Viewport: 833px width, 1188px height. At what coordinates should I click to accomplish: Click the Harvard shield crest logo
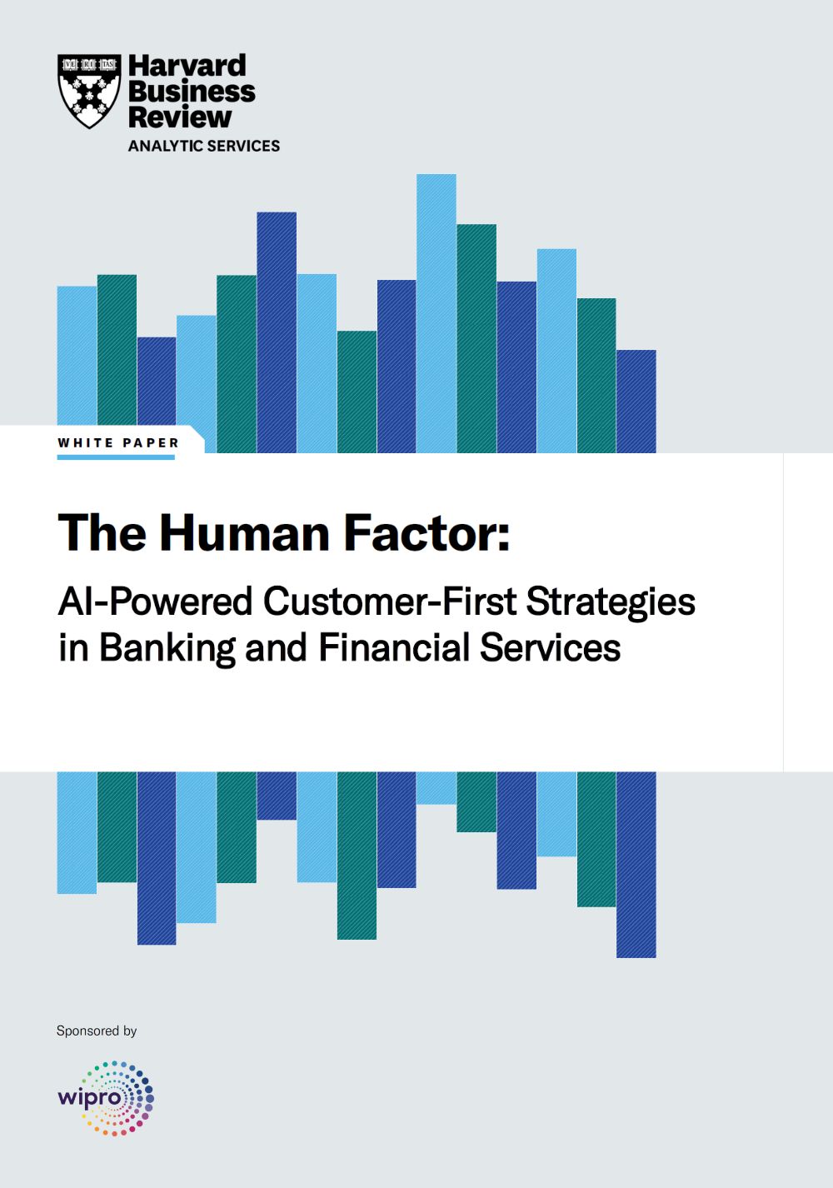click(x=89, y=91)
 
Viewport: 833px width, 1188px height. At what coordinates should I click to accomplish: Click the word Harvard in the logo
click(x=187, y=66)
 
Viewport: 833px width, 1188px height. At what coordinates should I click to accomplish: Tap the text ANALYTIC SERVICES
click(x=204, y=146)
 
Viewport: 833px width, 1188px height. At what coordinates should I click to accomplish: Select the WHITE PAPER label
click(x=118, y=443)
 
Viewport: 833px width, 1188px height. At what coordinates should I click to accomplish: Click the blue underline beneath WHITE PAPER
click(x=116, y=457)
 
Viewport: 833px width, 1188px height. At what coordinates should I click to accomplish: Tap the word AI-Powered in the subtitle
click(x=155, y=602)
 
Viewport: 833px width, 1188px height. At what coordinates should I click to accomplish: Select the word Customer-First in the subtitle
click(x=390, y=601)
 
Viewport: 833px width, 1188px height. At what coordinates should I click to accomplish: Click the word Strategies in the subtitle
click(x=611, y=602)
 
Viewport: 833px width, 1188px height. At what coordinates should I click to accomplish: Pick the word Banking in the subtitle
click(x=167, y=648)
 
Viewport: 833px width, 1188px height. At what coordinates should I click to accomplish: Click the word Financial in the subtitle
click(x=395, y=647)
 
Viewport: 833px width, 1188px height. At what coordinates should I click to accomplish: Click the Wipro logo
click(x=106, y=1098)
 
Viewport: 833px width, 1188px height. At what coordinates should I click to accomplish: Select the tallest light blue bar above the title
click(x=436, y=313)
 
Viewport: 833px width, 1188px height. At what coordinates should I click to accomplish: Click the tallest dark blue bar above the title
click(x=277, y=332)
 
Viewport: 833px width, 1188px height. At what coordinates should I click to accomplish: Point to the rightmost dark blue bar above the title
click(x=636, y=402)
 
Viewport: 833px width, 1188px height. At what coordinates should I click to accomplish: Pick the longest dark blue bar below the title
click(x=636, y=865)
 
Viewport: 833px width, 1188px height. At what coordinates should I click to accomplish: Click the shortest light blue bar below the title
click(x=436, y=788)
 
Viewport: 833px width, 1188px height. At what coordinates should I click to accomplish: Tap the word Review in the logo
click(x=180, y=117)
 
